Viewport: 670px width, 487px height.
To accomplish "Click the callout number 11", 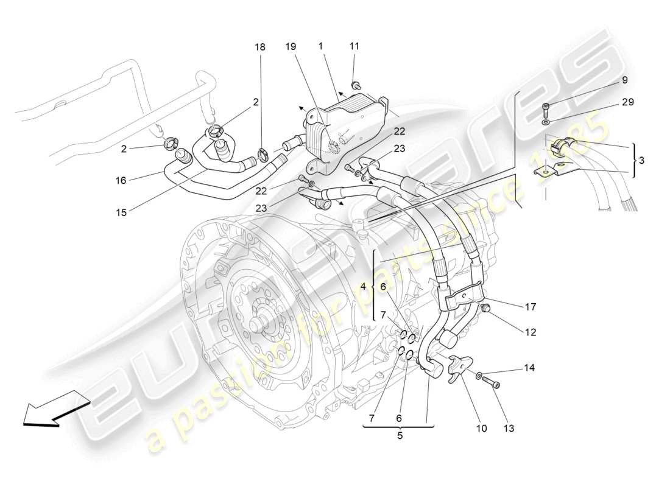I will [354, 46].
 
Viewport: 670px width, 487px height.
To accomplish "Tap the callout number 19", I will [291, 46].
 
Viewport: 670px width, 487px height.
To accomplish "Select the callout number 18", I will [260, 46].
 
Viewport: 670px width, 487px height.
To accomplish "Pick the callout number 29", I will [628, 102].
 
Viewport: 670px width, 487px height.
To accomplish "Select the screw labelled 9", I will [546, 110].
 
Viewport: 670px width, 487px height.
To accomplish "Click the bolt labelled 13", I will [493, 384].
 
